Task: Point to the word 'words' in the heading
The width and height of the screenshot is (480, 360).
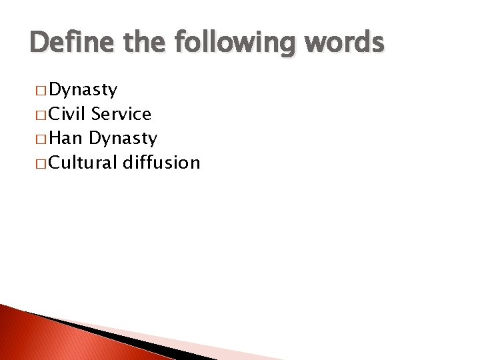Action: (x=346, y=43)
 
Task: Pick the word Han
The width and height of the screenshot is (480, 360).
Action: (x=66, y=138)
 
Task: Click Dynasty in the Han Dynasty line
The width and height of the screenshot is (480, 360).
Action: (x=123, y=139)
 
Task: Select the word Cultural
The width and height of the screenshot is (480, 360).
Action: (x=83, y=162)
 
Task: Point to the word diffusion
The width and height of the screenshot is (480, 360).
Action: (x=161, y=162)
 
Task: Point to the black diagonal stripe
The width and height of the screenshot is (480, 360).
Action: (x=120, y=337)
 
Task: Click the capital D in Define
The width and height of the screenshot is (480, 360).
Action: (x=39, y=43)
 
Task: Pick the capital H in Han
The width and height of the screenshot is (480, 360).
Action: (x=55, y=138)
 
